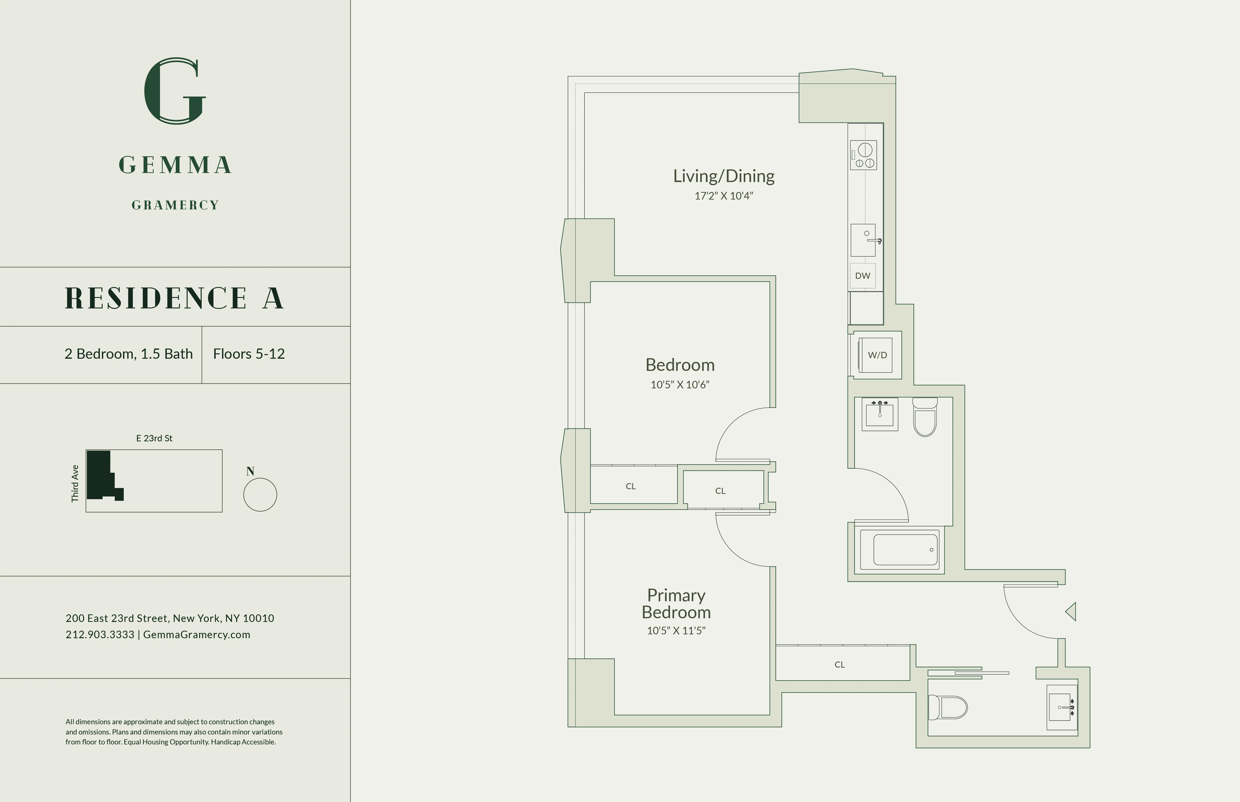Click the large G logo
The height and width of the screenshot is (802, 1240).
[x=175, y=91]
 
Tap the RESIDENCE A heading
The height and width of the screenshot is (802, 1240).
[x=175, y=298]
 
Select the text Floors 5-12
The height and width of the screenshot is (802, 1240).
[x=248, y=354]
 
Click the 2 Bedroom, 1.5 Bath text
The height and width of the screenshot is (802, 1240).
[x=129, y=354]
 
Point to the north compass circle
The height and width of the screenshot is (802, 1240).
[x=260, y=495]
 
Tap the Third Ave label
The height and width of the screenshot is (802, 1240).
[x=75, y=483]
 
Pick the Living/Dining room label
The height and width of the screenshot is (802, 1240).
[x=724, y=176]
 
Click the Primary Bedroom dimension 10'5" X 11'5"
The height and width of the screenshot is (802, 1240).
[x=676, y=631]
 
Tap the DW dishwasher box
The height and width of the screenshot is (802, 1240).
[x=863, y=276]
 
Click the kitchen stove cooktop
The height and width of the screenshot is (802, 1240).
[x=863, y=155]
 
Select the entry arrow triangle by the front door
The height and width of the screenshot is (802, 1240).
[x=1071, y=611]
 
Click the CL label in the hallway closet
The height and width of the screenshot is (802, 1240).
[x=839, y=664]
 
